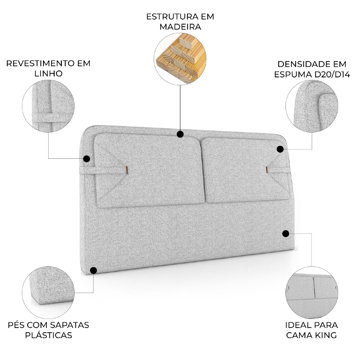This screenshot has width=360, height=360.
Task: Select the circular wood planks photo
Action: [180, 59]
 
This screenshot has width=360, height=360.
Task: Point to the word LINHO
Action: [48, 74]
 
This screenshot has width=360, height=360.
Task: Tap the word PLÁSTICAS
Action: [49, 335]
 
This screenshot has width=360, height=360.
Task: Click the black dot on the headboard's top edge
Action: [180, 134]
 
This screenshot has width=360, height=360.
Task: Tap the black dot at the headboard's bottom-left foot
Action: [94, 270]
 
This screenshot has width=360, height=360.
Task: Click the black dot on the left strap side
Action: [86, 158]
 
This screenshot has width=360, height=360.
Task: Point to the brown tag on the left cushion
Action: [126, 169]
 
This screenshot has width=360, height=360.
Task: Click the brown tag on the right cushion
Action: [267, 169]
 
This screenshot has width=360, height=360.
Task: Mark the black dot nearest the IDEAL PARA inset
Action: [285, 234]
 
